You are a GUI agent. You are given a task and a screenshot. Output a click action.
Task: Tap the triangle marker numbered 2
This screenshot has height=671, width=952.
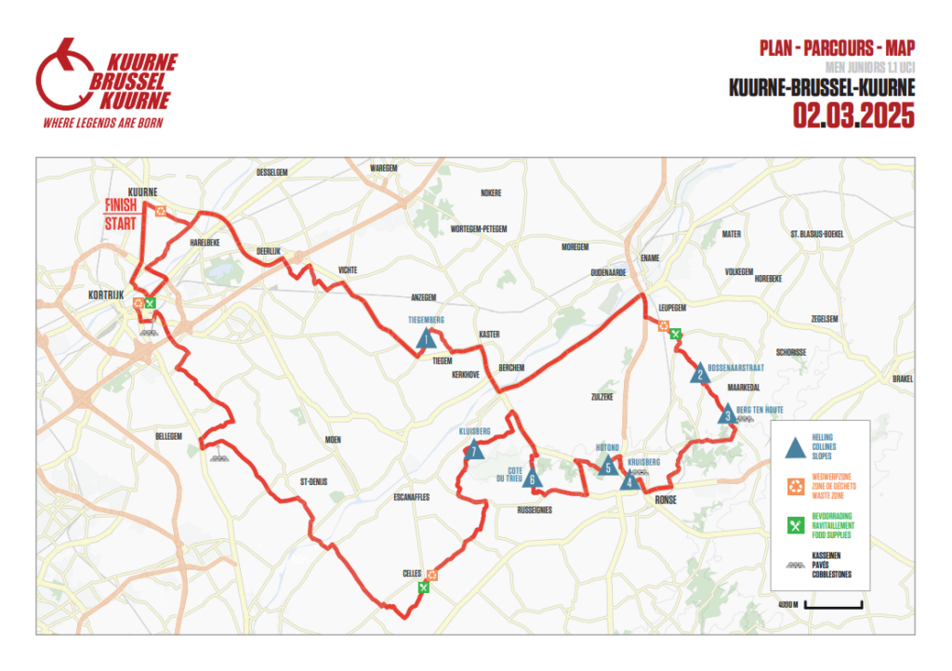[698, 375]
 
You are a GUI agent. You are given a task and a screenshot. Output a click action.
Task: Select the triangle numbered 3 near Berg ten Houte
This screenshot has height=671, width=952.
[727, 415]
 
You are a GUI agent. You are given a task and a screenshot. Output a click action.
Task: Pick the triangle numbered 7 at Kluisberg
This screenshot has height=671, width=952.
[474, 452]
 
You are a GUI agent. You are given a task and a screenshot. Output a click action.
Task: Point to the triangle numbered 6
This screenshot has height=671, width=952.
[531, 480]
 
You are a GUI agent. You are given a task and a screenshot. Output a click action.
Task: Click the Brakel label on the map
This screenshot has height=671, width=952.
[902, 378]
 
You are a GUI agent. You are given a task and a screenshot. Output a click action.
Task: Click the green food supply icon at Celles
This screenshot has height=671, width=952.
[424, 586]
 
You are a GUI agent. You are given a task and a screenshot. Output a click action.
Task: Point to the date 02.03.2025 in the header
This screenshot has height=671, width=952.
[853, 116]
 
